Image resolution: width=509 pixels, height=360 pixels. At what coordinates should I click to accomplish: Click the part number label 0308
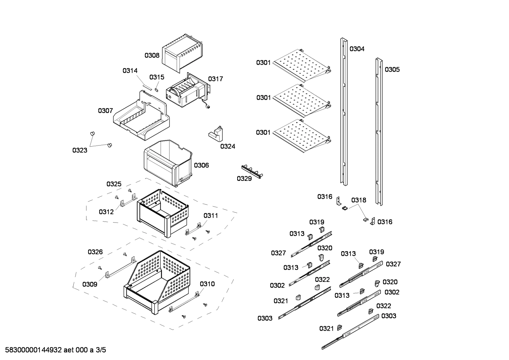[x=152, y=55]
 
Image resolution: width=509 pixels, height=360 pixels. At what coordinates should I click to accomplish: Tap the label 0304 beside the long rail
[x=357, y=49]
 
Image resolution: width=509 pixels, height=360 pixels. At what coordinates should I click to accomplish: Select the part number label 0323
[x=80, y=151]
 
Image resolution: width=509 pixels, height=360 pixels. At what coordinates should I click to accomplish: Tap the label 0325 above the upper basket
[x=114, y=184]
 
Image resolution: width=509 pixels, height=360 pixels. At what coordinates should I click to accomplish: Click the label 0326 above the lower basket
[x=95, y=252]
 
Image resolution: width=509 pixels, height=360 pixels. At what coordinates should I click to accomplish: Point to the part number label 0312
[x=106, y=212]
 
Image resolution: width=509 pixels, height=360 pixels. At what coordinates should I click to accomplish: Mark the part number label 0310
[x=207, y=284]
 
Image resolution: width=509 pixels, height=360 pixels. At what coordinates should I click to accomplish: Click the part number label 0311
[x=210, y=216]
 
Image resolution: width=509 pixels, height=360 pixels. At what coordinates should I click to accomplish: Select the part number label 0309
[x=90, y=284]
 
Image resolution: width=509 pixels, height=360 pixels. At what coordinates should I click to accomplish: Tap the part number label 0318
[x=359, y=200]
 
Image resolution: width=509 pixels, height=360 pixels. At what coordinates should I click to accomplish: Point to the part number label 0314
[x=130, y=71]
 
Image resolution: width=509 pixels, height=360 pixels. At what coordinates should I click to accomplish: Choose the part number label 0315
[x=157, y=77]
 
